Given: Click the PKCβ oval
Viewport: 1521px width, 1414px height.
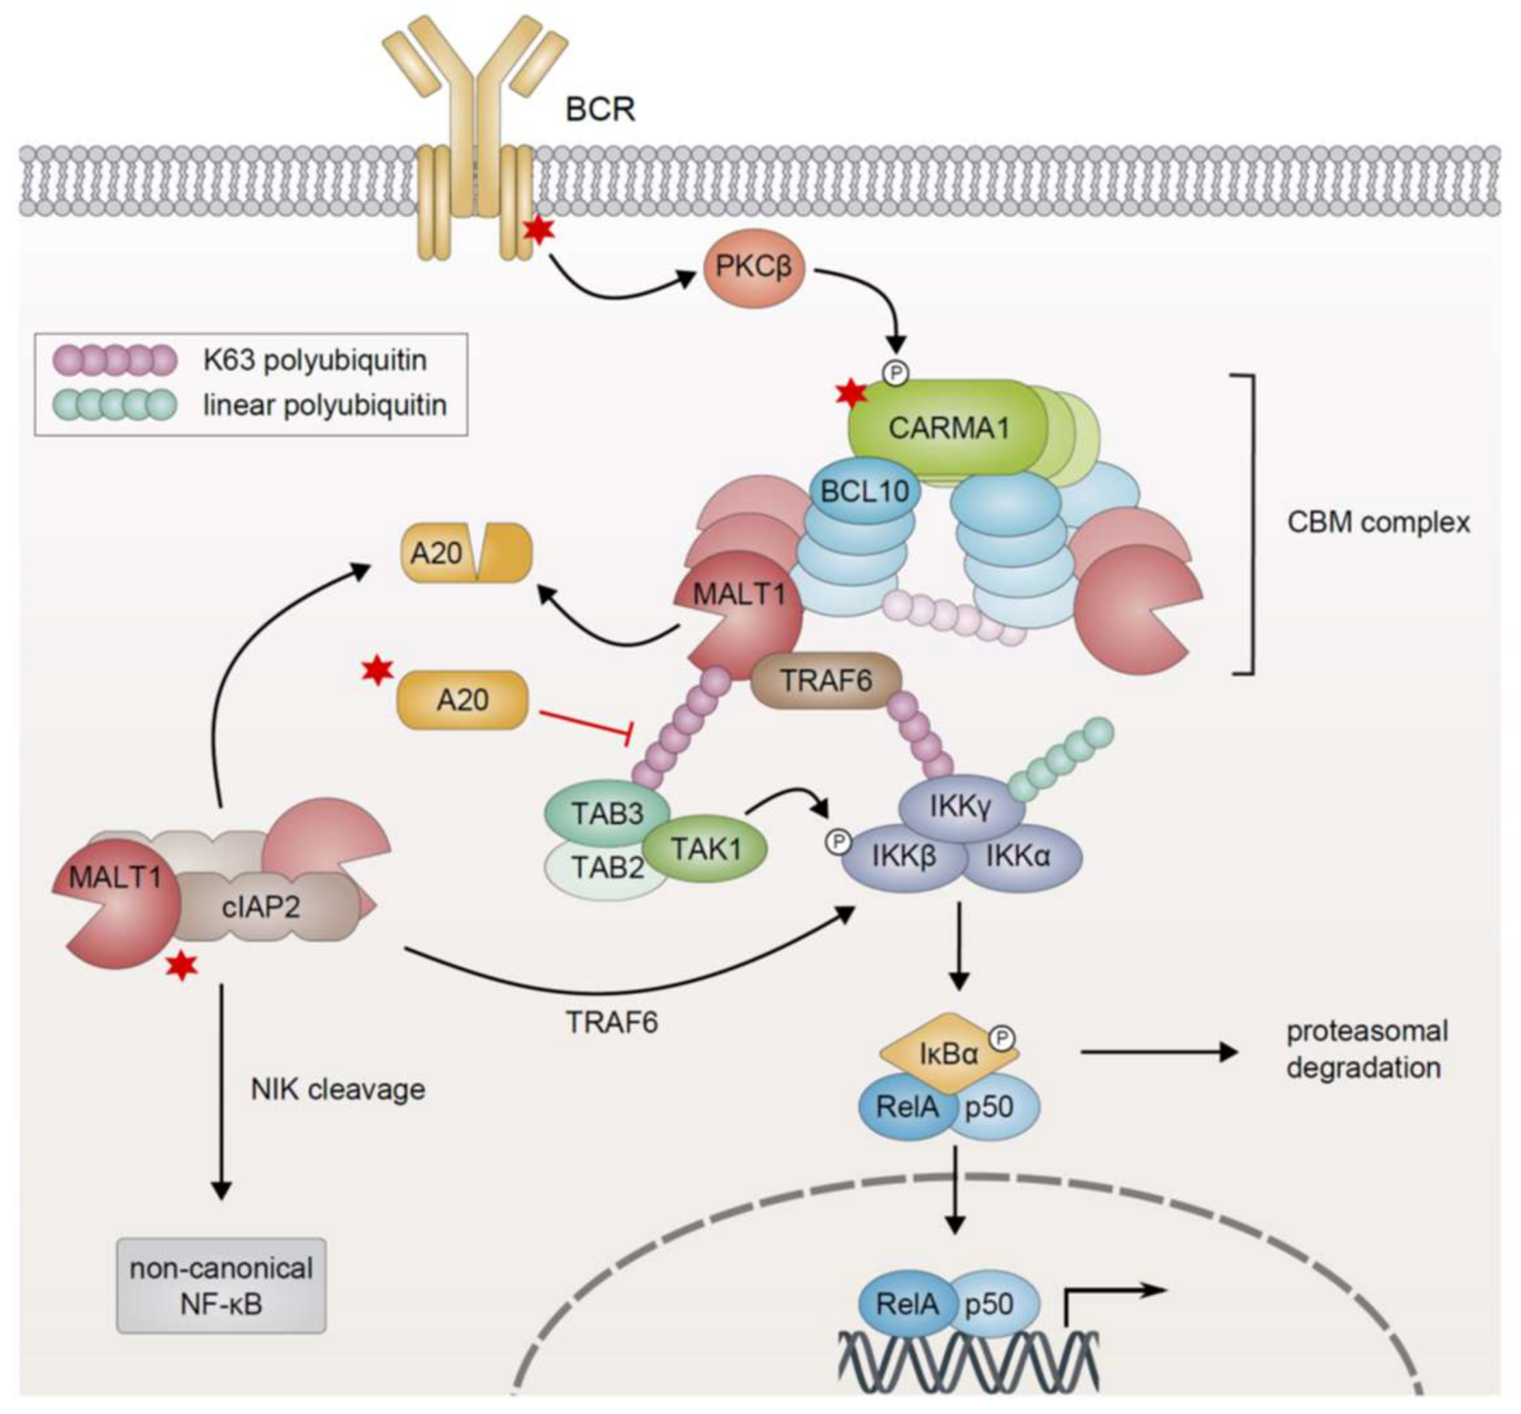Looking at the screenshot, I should coord(754,269).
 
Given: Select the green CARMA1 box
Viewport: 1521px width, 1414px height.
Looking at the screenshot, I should coord(947,428).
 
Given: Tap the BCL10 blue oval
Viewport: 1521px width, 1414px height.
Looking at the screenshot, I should coord(864,490).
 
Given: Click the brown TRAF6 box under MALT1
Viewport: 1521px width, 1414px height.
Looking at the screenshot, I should coord(826,680).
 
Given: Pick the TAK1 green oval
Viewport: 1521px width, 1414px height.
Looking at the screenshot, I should coord(706,848).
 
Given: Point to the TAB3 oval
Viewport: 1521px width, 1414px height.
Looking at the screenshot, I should coord(607,813).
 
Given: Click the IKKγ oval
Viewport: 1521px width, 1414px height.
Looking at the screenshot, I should coord(961,806).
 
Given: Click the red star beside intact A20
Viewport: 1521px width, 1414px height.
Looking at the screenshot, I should coord(377,669).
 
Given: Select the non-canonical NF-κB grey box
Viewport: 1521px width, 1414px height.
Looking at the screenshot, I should coord(221,1286).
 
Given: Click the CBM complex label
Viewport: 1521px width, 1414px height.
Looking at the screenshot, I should coord(1378,522).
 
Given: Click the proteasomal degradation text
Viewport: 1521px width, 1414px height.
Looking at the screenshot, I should coord(1364,1049).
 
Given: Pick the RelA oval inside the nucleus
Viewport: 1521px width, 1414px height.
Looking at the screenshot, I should coord(907,1304).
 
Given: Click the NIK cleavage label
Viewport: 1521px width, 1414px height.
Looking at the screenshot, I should coord(338,1089).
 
